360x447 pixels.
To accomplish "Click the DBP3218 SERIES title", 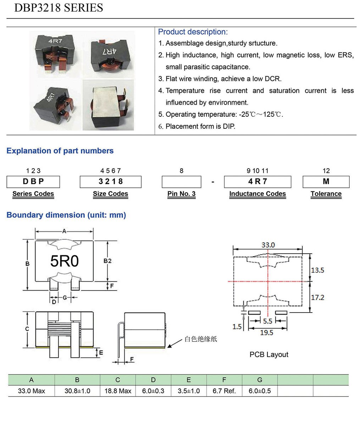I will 59,8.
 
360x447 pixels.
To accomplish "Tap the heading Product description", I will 193,32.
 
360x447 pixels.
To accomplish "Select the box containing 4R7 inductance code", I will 257,182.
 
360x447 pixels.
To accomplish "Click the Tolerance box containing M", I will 326,182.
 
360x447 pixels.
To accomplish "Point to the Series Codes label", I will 33,194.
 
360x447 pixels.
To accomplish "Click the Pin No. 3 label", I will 181,194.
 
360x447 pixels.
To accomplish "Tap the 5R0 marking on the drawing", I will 64,261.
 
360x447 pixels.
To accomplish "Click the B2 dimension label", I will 107,261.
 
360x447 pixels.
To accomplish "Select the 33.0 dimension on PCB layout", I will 268,245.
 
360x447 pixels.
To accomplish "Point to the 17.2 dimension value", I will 317,297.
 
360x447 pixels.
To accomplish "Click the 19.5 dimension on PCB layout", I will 266,332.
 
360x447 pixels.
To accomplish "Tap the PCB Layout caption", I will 269,354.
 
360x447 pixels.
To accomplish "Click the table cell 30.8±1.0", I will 77,391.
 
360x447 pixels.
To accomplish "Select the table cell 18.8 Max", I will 118,391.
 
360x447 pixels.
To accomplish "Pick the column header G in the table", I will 260,380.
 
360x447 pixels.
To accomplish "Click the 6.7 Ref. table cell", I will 224,391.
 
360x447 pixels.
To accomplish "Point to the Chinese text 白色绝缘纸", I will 201,339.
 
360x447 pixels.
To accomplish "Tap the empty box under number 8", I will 181,182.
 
